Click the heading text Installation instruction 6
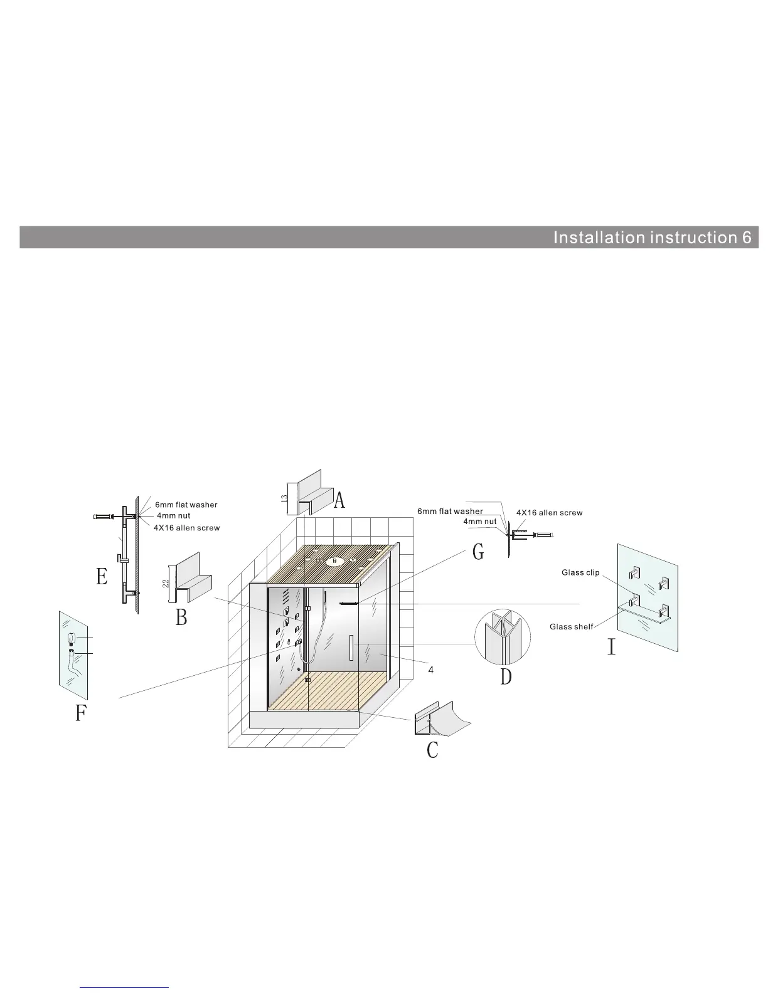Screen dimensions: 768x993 (x=652, y=238)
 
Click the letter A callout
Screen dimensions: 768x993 (x=339, y=500)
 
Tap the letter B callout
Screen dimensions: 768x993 (x=181, y=617)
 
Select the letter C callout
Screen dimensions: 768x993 (x=432, y=750)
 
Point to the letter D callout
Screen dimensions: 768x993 (x=506, y=677)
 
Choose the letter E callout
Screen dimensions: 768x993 (x=102, y=576)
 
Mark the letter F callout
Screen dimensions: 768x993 (x=80, y=713)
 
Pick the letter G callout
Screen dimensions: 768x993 (x=478, y=552)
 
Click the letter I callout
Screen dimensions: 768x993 (x=611, y=646)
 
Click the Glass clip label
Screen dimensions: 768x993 (x=580, y=572)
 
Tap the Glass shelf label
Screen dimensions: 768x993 (x=571, y=626)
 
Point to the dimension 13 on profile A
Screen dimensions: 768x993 (x=284, y=497)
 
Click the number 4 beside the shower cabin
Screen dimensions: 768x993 (x=431, y=670)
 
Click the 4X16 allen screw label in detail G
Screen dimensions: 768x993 (x=549, y=513)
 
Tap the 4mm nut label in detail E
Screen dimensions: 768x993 (x=173, y=516)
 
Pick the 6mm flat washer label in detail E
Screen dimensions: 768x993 (x=186, y=505)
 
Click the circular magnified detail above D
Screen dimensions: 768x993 (x=502, y=636)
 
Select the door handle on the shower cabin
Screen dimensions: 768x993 (x=351, y=648)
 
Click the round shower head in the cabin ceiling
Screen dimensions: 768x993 (x=336, y=560)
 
